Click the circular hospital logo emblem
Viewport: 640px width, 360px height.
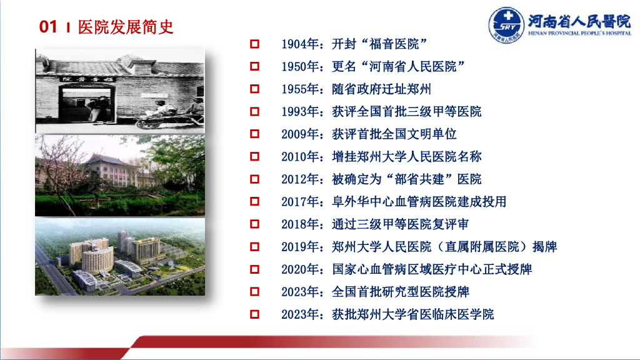506,24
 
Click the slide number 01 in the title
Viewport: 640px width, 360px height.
48,27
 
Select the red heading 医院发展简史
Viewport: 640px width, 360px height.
126,27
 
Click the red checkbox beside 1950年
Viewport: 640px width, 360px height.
255,66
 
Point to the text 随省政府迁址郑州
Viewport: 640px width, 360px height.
382,89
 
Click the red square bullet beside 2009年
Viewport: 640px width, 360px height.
255,134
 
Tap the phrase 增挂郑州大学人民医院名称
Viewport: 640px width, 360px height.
407,156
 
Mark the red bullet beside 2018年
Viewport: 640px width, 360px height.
255,224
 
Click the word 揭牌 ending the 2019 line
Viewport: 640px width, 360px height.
545,246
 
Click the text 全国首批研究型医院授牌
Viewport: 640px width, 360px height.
401,291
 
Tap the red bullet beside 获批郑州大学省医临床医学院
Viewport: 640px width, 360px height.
255,314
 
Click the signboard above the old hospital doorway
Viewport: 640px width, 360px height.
87,79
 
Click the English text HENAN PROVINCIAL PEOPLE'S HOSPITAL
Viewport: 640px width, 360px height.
579,33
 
